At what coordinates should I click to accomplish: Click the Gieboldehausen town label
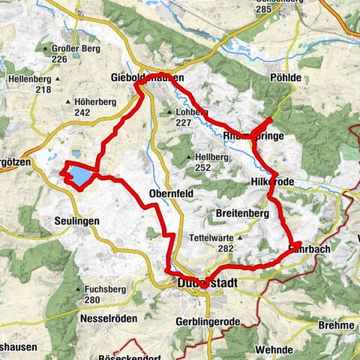click(146, 77)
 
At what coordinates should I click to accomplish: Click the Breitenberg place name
click(242, 214)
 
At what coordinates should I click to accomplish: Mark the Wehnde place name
click(274, 349)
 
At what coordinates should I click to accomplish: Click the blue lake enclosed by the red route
click(80, 176)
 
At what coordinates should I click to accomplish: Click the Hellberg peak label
click(205, 157)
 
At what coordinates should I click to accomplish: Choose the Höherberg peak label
click(94, 100)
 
